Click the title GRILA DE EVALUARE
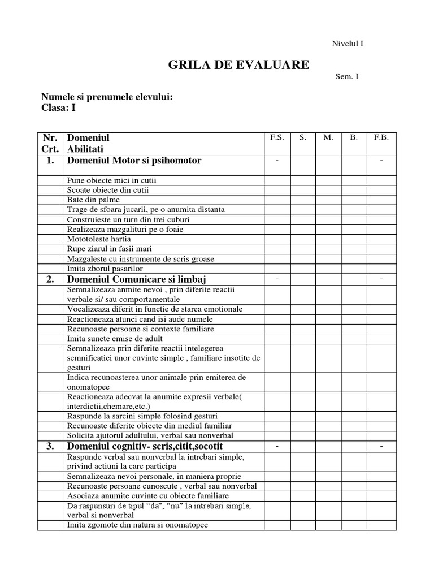coord(238,64)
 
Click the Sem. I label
coord(347,77)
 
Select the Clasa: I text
coord(58,107)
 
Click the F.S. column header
coord(277,137)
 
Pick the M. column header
coord(328,137)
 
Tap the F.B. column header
coord(381,137)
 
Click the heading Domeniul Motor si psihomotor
coord(134,161)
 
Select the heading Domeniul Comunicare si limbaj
coord(137,279)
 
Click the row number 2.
coord(50,279)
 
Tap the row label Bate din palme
coord(93,200)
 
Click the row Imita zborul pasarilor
coord(105,269)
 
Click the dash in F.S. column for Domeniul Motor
coord(277,161)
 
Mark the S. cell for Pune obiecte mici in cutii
coord(303,180)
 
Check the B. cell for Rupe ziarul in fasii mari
coord(354,249)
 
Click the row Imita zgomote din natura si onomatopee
coord(137,525)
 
